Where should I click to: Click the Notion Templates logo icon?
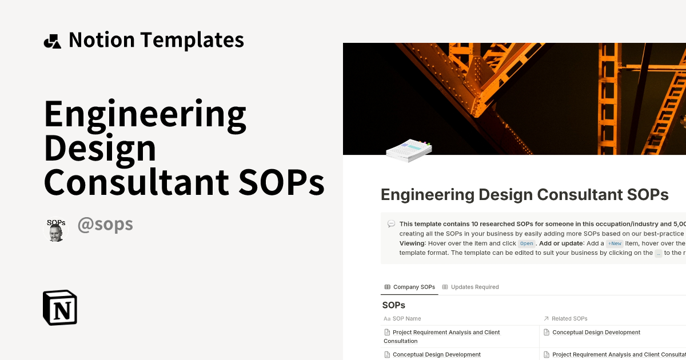click(52, 41)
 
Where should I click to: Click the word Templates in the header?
click(192, 40)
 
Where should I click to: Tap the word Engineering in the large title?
click(145, 114)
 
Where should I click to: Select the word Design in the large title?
click(100, 148)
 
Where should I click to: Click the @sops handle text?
click(105, 225)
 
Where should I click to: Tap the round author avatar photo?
click(56, 230)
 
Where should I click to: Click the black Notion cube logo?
click(60, 308)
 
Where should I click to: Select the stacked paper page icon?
click(408, 150)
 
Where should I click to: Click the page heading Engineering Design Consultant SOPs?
click(524, 195)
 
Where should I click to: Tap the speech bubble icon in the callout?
click(391, 224)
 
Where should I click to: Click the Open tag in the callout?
click(527, 243)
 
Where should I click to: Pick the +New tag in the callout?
click(615, 243)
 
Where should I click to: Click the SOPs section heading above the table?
click(393, 305)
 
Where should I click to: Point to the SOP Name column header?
click(406, 318)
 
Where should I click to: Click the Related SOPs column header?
click(569, 318)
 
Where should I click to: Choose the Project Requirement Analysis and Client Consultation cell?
click(442, 337)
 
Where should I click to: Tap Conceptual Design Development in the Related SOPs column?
click(596, 333)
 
